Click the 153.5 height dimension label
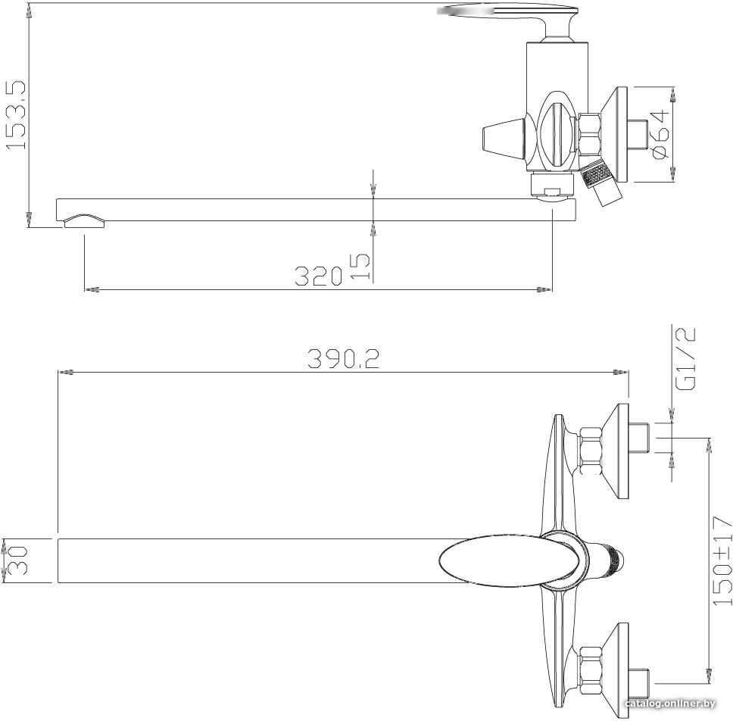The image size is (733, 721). tap(15, 115)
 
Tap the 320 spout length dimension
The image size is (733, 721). tap(318, 276)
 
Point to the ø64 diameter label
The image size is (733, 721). tap(659, 134)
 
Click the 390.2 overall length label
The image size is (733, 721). tap(343, 359)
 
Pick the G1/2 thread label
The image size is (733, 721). tap(686, 358)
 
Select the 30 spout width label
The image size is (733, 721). tap(17, 560)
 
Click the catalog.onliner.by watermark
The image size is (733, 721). tap(670, 704)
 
